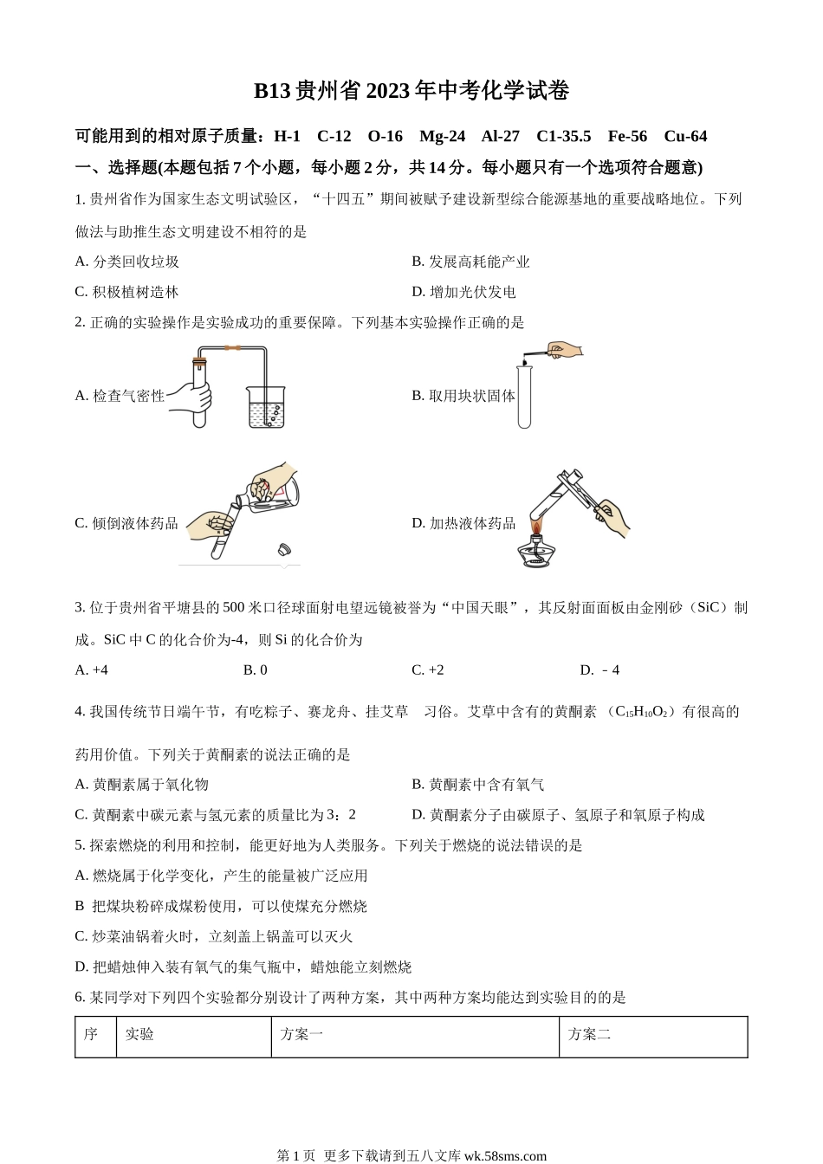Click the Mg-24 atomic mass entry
(442, 136)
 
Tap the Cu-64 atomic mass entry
(685, 136)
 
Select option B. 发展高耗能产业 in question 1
(470, 262)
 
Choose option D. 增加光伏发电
(463, 292)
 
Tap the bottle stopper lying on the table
(283, 548)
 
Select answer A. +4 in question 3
(92, 669)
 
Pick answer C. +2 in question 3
(428, 669)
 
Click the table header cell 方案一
(301, 1034)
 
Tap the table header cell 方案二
(589, 1034)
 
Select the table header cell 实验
(139, 1034)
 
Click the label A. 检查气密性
(120, 396)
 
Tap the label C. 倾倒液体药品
(126, 523)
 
